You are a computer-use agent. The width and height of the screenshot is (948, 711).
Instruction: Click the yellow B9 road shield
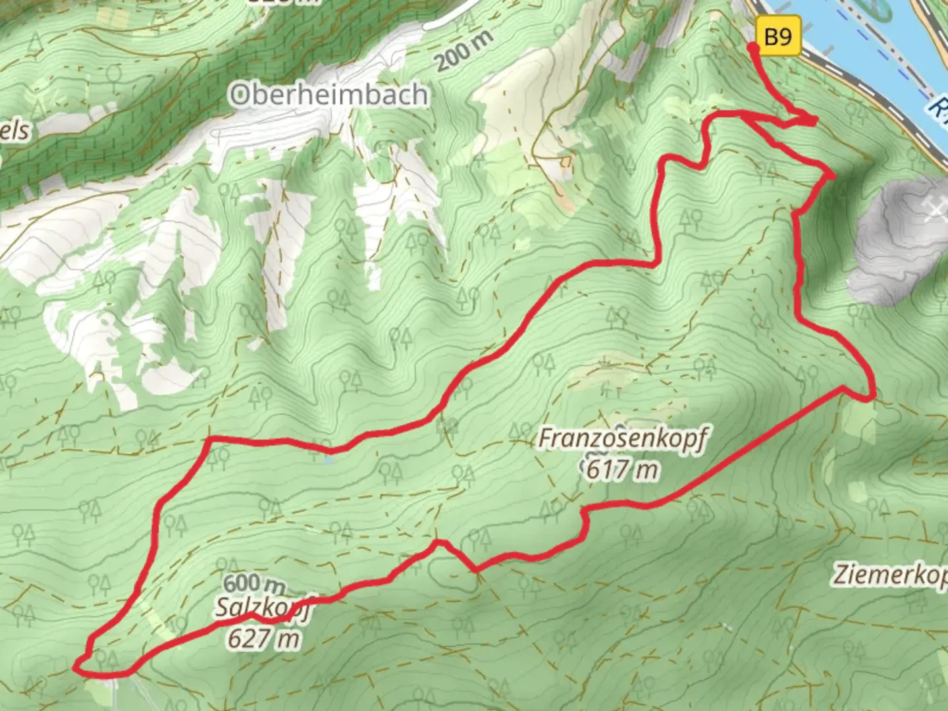[x=778, y=37]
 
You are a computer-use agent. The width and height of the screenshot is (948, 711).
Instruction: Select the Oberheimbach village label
[x=329, y=95]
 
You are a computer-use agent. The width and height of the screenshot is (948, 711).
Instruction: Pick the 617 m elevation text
[x=621, y=469]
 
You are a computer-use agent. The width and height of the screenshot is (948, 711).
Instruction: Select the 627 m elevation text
[x=263, y=639]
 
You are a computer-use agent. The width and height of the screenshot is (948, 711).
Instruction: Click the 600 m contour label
[x=254, y=584]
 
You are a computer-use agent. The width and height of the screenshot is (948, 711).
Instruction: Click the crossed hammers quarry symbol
[x=935, y=209]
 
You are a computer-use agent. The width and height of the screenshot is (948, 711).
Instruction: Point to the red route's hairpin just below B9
[x=814, y=120]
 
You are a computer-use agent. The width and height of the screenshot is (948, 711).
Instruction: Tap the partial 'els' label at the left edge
[x=14, y=130]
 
